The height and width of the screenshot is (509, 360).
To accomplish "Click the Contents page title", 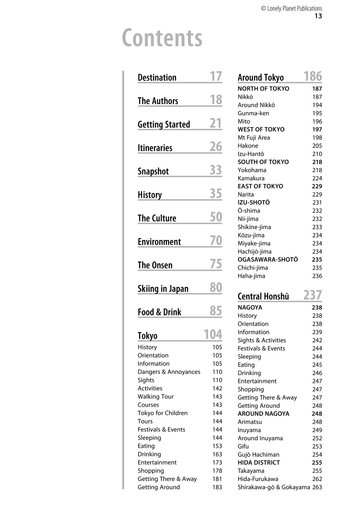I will [x=162, y=38].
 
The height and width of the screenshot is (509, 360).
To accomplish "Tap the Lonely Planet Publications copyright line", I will [x=291, y=9].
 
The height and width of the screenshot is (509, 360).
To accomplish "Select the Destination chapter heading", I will [x=157, y=78].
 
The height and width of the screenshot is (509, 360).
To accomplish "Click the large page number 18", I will [x=216, y=100].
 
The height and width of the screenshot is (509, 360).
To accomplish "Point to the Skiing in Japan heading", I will [x=163, y=289].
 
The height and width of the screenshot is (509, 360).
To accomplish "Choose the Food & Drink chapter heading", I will [x=159, y=312].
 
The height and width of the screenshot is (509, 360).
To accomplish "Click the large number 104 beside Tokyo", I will [x=213, y=335].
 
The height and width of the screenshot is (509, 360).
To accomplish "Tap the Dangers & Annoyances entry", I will [x=169, y=372].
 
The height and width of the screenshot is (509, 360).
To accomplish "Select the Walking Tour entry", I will [x=156, y=397].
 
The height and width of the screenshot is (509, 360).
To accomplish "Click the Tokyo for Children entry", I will [x=163, y=413].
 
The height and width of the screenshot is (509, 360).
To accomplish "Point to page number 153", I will [x=217, y=446].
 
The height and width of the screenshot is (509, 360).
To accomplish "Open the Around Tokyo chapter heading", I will [x=261, y=78].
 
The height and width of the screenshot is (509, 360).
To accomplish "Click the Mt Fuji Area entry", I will [x=254, y=138].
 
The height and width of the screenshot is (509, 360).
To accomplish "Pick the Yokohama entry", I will [x=252, y=170].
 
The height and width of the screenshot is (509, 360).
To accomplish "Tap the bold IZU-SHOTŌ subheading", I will [x=254, y=203].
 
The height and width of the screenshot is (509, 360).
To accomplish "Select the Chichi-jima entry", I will [x=253, y=268].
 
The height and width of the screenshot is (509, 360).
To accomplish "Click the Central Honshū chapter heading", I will [x=263, y=296].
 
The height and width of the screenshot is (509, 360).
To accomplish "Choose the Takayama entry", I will [x=251, y=471].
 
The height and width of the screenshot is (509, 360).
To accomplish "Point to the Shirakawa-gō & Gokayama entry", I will [x=274, y=487].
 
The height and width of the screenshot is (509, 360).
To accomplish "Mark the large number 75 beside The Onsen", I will [x=216, y=264].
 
